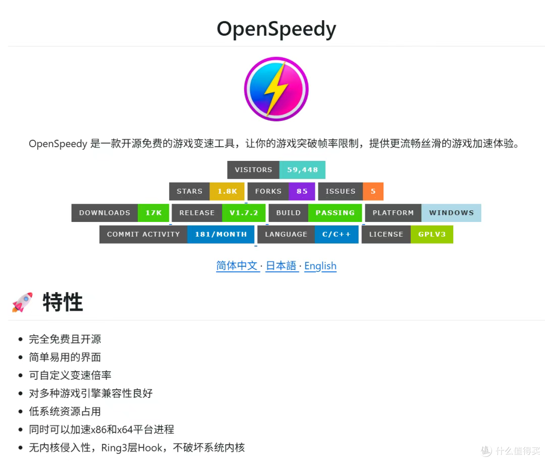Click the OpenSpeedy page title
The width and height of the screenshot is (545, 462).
coord(276,29)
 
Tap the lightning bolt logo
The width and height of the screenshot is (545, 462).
coord(276,89)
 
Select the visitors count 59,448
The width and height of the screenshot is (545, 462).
coord(302,170)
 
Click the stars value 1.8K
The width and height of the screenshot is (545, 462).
coord(227,192)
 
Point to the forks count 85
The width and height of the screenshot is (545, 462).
coord(302,192)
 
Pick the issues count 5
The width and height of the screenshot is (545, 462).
coord(373,192)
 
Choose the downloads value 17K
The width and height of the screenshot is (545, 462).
coord(153,213)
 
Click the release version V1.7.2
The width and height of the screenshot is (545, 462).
coord(244,213)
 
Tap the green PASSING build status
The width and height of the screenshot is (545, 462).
coord(335,213)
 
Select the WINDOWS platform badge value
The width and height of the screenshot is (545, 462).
coord(451,213)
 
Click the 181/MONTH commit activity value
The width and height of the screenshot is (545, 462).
coord(221,235)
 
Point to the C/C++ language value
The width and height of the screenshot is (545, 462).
coord(337,235)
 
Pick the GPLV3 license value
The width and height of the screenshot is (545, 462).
coord(431,235)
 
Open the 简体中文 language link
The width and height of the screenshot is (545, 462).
coord(237,266)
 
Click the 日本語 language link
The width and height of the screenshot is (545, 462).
coord(281,266)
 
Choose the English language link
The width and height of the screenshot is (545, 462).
coord(320,266)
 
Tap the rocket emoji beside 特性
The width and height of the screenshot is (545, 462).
coord(22,302)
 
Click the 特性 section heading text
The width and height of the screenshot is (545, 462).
coord(63,302)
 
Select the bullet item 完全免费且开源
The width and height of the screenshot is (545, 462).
coord(65,339)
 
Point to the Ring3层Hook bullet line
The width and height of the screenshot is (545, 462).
coord(137,447)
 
